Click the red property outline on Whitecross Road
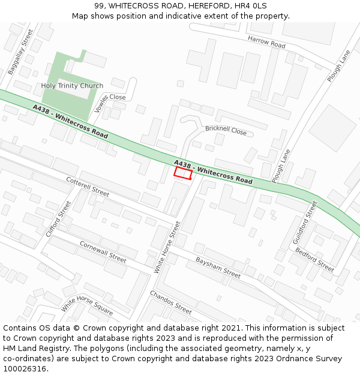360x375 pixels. [x=183, y=173]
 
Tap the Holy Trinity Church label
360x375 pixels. [x=72, y=86]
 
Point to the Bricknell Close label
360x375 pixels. [x=226, y=130]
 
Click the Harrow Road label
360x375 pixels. [x=266, y=41]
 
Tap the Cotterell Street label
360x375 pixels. [x=88, y=186]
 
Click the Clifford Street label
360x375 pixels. [x=58, y=218]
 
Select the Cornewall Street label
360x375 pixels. [x=103, y=252]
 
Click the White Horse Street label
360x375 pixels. [x=167, y=247]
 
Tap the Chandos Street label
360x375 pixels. [x=171, y=302]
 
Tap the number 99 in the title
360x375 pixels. [x=99, y=5]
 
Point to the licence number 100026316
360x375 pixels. [x=25, y=368]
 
